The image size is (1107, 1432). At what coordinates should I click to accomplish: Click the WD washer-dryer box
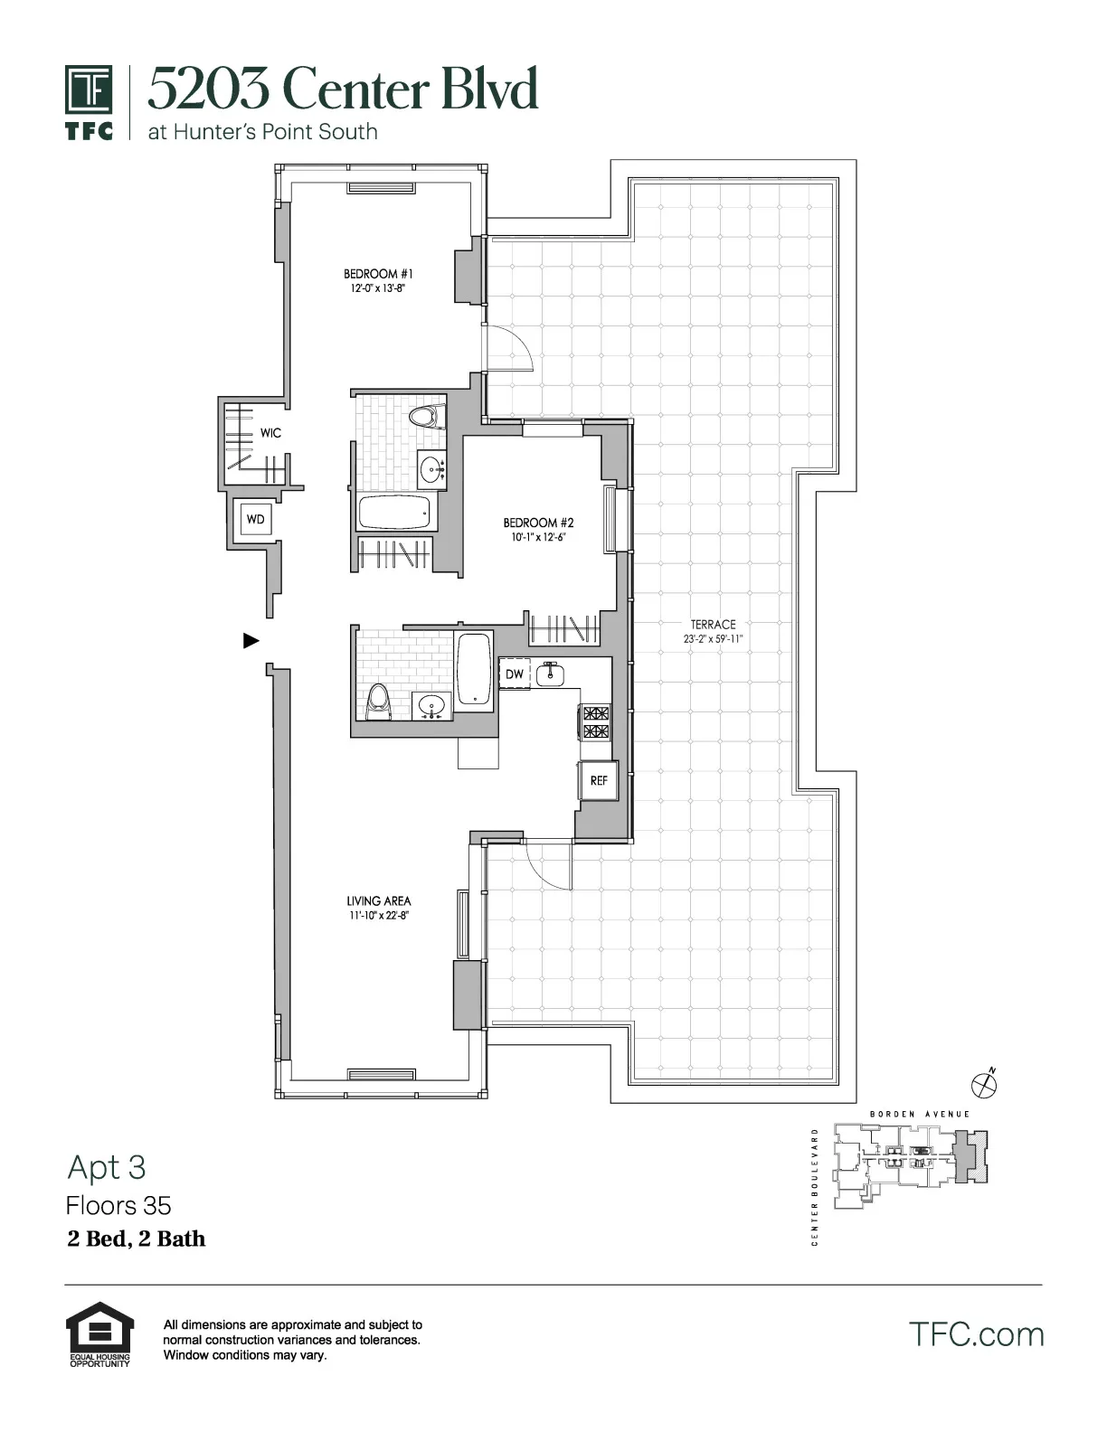click(x=255, y=520)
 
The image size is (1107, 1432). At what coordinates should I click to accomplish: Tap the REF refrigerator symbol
click(x=599, y=780)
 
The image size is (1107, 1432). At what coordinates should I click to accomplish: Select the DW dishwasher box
click(x=514, y=674)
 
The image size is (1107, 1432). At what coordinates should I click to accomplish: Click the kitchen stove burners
click(x=596, y=723)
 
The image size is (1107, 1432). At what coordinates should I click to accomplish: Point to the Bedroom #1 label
click(x=378, y=274)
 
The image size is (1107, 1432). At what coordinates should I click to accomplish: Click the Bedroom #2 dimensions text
click(x=538, y=537)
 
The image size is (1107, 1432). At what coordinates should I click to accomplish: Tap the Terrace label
click(x=713, y=624)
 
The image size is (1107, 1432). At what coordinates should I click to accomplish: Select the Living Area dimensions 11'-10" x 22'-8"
click(x=379, y=916)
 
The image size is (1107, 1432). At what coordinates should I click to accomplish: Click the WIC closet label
click(x=270, y=433)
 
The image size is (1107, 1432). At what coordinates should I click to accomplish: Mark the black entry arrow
click(x=251, y=641)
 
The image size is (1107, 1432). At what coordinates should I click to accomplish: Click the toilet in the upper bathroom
click(x=423, y=418)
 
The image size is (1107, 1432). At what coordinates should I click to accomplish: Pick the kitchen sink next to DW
click(x=550, y=674)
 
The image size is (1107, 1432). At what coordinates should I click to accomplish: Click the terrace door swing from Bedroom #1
click(x=512, y=347)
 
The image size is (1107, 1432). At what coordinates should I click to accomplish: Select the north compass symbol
click(x=983, y=1081)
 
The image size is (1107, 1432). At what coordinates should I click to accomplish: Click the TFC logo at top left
click(x=89, y=102)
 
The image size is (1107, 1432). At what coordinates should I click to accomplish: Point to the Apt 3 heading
click(x=106, y=1168)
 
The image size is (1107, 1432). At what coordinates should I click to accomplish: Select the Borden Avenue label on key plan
click(x=919, y=1114)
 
